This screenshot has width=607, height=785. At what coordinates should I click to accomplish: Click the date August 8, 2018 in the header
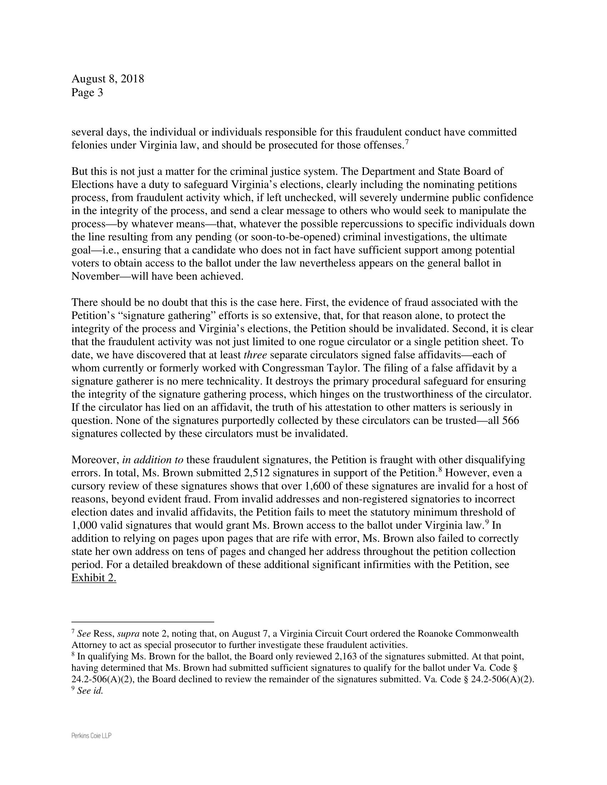pos(107,79)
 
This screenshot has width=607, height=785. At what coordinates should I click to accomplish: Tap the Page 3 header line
pos(87,93)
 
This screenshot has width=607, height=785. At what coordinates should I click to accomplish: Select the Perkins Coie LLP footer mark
pos(91,736)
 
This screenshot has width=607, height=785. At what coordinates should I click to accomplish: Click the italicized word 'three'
pos(255,355)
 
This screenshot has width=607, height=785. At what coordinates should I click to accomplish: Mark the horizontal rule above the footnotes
pos(143,622)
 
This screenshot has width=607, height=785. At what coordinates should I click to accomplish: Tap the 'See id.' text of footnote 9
pos(90,691)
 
